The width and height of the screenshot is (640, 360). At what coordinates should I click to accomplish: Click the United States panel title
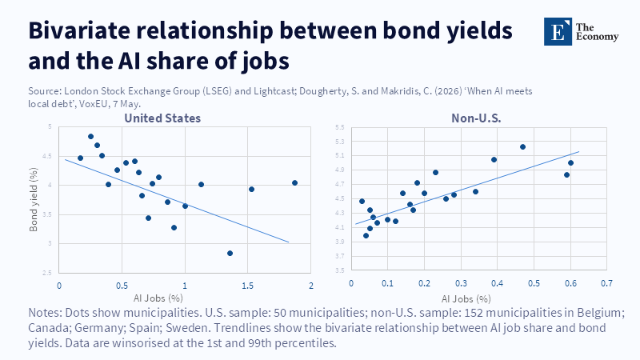click(162, 118)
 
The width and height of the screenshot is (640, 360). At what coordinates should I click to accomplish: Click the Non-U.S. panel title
click(476, 118)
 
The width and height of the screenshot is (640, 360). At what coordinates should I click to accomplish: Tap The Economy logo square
click(558, 31)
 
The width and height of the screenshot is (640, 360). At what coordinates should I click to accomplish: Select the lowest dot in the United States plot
click(230, 254)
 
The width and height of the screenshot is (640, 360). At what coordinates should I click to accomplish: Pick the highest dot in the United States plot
click(90, 137)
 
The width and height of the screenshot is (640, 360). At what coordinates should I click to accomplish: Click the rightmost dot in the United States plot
click(294, 183)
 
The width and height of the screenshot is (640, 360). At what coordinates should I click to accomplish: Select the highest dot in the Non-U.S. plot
click(522, 147)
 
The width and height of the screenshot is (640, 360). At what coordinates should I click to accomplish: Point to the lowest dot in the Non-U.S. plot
click(366, 235)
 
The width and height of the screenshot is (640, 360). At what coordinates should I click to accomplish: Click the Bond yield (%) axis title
click(34, 199)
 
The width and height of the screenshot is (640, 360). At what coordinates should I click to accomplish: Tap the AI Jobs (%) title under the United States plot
click(158, 298)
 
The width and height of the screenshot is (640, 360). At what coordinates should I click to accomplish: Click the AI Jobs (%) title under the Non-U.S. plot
click(466, 299)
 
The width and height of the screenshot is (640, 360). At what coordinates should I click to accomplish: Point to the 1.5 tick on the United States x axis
click(247, 286)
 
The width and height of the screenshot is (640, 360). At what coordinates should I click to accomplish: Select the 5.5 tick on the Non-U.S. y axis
click(339, 127)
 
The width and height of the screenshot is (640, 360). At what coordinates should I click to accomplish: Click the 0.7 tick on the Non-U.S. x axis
click(606, 283)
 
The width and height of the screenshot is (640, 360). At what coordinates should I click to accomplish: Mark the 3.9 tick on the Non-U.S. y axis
click(339, 242)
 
